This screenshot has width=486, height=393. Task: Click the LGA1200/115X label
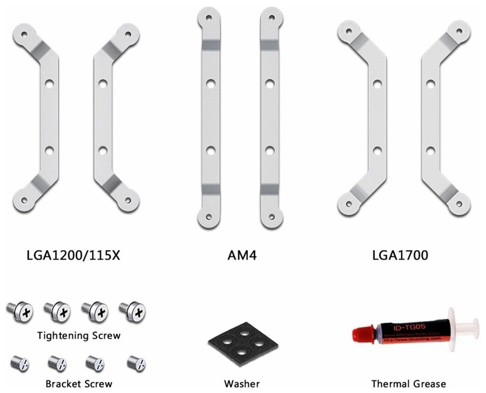pyautogui.click(x=74, y=255)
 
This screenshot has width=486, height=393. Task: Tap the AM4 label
pyautogui.click(x=242, y=255)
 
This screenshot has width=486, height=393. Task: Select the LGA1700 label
pyautogui.click(x=400, y=255)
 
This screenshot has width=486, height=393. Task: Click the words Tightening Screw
pyautogui.click(x=79, y=335)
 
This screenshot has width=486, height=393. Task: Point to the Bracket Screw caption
pyautogui.click(x=79, y=383)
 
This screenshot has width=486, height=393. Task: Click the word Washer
pyautogui.click(x=242, y=383)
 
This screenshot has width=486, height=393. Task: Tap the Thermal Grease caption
pyautogui.click(x=409, y=383)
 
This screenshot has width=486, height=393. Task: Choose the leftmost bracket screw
pyautogui.click(x=21, y=363)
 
